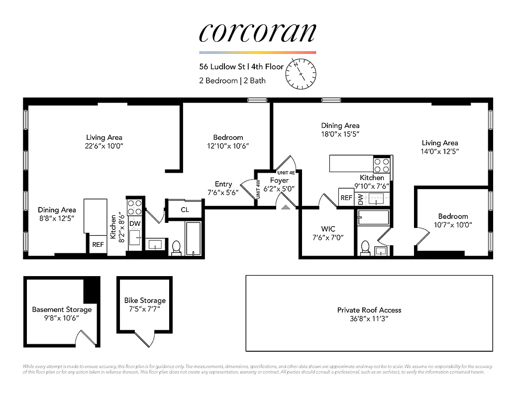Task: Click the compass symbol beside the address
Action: pos(301,73)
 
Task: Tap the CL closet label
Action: pos(185,209)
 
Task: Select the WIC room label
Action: pos(328,229)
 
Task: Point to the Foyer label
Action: pos(279,181)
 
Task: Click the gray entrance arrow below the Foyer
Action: pos(286,206)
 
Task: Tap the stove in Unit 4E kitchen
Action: pos(382,164)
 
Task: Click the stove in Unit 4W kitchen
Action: pos(135,206)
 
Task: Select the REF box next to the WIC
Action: pos(346,198)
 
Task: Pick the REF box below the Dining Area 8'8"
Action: pos(98,244)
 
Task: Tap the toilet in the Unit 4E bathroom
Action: pos(365,247)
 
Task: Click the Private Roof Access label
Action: pos(369,310)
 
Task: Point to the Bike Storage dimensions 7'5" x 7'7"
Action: pos(144,309)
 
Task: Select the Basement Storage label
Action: pos(62,309)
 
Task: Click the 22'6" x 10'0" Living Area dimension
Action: pos(104,146)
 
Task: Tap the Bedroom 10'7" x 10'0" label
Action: pos(453,220)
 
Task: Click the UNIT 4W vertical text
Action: pos(258,190)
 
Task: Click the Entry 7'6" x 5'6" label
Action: pos(223,188)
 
